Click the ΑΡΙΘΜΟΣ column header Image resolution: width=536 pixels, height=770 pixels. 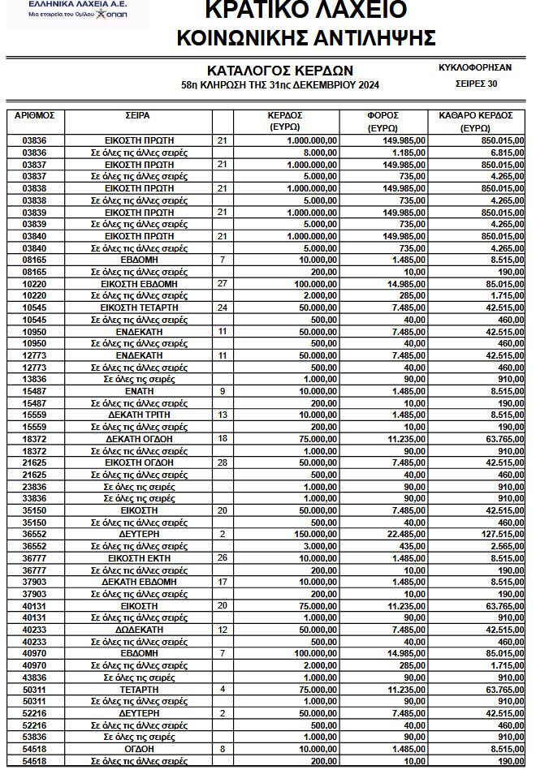34,115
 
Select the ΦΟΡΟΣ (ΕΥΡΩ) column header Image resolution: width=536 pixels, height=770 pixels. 382,121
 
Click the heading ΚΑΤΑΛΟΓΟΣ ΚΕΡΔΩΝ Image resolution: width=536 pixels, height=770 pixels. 279,71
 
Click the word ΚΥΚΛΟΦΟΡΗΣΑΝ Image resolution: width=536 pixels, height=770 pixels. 474,67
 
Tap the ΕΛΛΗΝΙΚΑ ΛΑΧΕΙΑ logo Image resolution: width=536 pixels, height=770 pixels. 77,10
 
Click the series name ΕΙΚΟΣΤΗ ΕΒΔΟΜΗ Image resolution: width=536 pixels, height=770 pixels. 139,284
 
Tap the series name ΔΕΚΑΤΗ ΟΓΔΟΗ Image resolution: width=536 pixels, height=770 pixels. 139,439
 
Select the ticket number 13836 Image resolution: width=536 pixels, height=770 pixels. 34,379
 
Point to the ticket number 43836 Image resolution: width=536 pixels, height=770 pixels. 34,677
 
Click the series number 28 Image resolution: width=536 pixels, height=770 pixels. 222,462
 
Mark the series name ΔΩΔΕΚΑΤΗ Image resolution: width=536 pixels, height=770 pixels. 139,629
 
